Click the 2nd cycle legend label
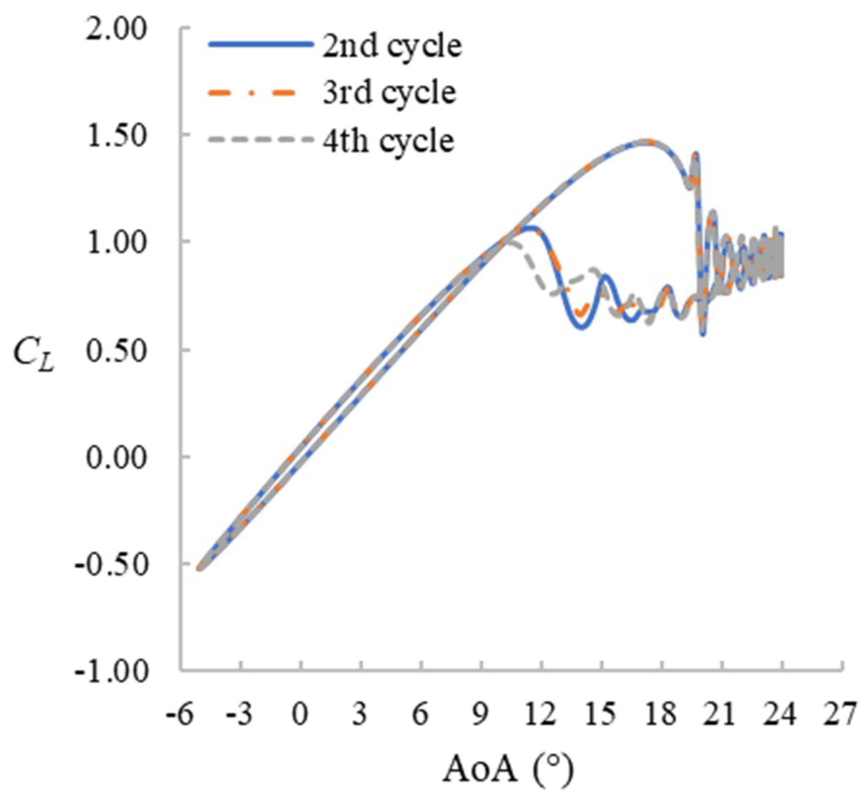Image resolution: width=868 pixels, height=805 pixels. pyautogui.click(x=392, y=47)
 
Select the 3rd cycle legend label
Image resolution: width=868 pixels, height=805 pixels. pyautogui.click(x=389, y=93)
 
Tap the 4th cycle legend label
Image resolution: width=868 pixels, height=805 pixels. pyautogui.click(x=388, y=141)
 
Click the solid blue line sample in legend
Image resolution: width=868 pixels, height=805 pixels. pyautogui.click(x=261, y=44)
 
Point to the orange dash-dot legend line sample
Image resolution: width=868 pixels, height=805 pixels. pyautogui.click(x=252, y=92)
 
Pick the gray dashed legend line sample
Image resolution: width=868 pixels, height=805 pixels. pyautogui.click(x=261, y=140)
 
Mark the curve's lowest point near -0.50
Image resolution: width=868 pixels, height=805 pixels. pyautogui.click(x=199, y=568)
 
